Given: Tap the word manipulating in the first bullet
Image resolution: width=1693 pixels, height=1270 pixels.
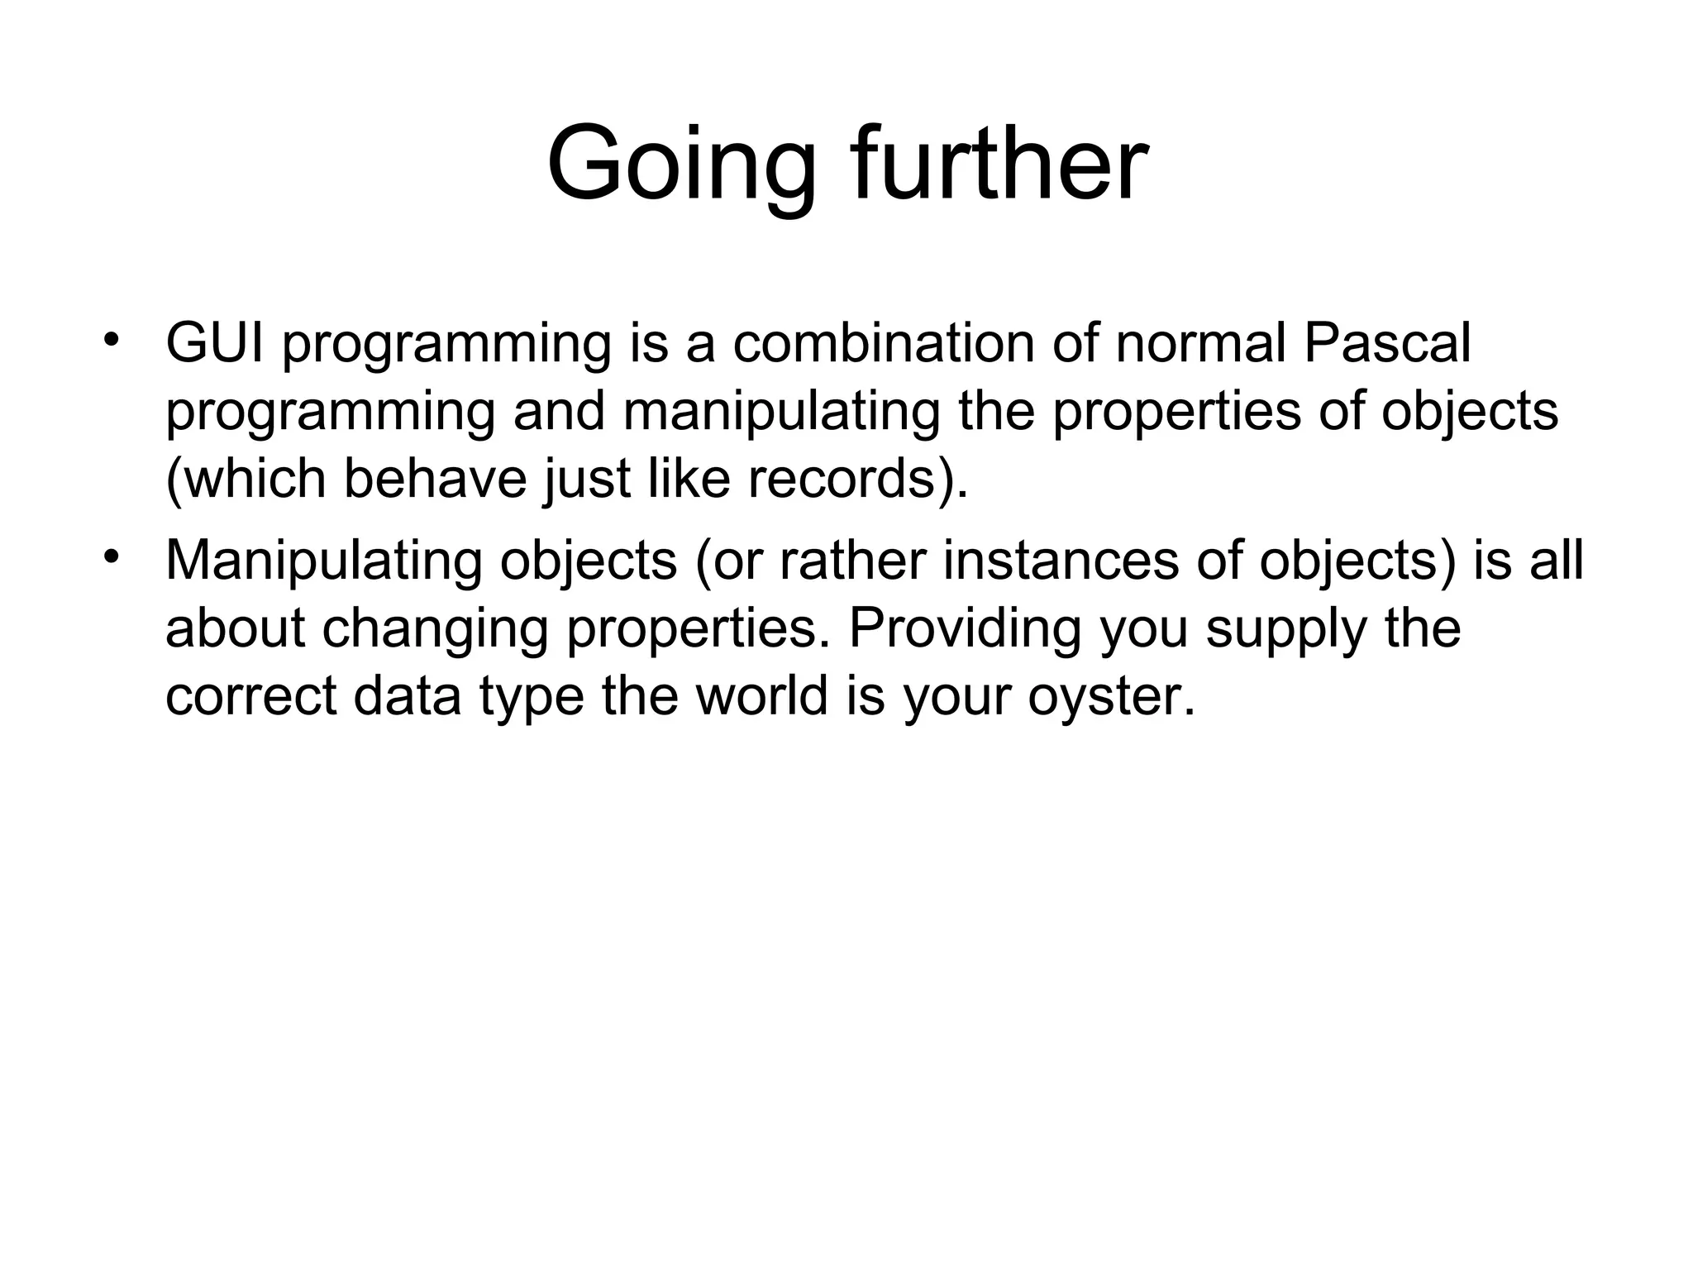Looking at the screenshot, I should (x=781, y=411).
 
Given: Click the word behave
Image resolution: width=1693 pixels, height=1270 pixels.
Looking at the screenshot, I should (x=435, y=479).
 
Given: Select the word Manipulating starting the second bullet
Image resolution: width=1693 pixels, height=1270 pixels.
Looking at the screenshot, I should (x=323, y=561).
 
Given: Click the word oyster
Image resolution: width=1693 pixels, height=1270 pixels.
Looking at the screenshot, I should (x=1111, y=697).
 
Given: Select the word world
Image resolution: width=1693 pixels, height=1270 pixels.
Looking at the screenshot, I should (x=761, y=695).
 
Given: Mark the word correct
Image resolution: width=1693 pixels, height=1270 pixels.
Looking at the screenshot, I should (x=250, y=697).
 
